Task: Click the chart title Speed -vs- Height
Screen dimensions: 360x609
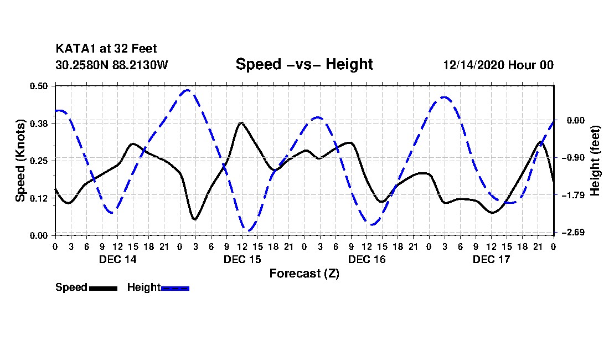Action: tap(304, 64)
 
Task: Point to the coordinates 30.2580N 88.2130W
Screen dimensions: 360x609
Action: tap(111, 65)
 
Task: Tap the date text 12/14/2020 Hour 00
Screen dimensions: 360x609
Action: tap(498, 65)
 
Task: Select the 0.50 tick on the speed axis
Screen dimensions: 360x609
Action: tap(40, 86)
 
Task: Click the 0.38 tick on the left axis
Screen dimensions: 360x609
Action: tap(40, 123)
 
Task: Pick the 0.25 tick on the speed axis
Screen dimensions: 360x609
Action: tap(40, 161)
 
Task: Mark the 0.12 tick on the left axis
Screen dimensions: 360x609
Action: tap(40, 198)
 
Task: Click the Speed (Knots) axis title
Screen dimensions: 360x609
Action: tap(20, 160)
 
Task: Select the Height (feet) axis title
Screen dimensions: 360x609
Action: tap(596, 160)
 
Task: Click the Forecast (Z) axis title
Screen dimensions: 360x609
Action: tap(304, 274)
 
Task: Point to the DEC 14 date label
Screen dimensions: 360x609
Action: tap(117, 259)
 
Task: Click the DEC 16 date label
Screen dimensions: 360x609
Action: tap(367, 259)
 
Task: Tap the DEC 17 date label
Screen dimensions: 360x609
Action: tap(491, 259)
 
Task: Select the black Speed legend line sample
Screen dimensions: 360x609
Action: tap(103, 288)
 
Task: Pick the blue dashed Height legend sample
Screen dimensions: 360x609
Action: tap(175, 288)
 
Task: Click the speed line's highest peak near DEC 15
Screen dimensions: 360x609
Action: tap(241, 123)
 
